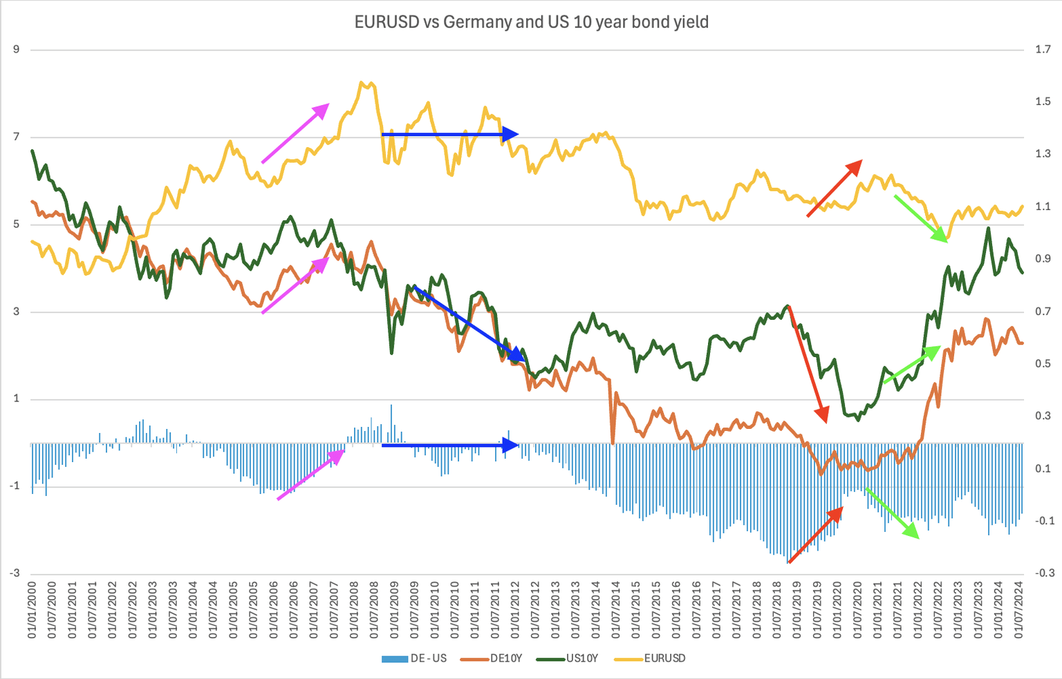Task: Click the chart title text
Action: point(531,22)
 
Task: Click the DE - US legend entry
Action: point(415,658)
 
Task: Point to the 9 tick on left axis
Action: point(16,50)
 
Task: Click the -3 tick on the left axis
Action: point(15,573)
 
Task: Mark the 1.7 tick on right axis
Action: point(1043,50)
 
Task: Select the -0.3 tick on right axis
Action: point(1044,573)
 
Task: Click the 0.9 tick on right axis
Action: point(1043,259)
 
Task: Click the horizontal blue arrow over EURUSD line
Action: point(449,134)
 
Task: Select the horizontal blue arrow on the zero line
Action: point(449,446)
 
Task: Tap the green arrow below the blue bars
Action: point(892,513)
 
